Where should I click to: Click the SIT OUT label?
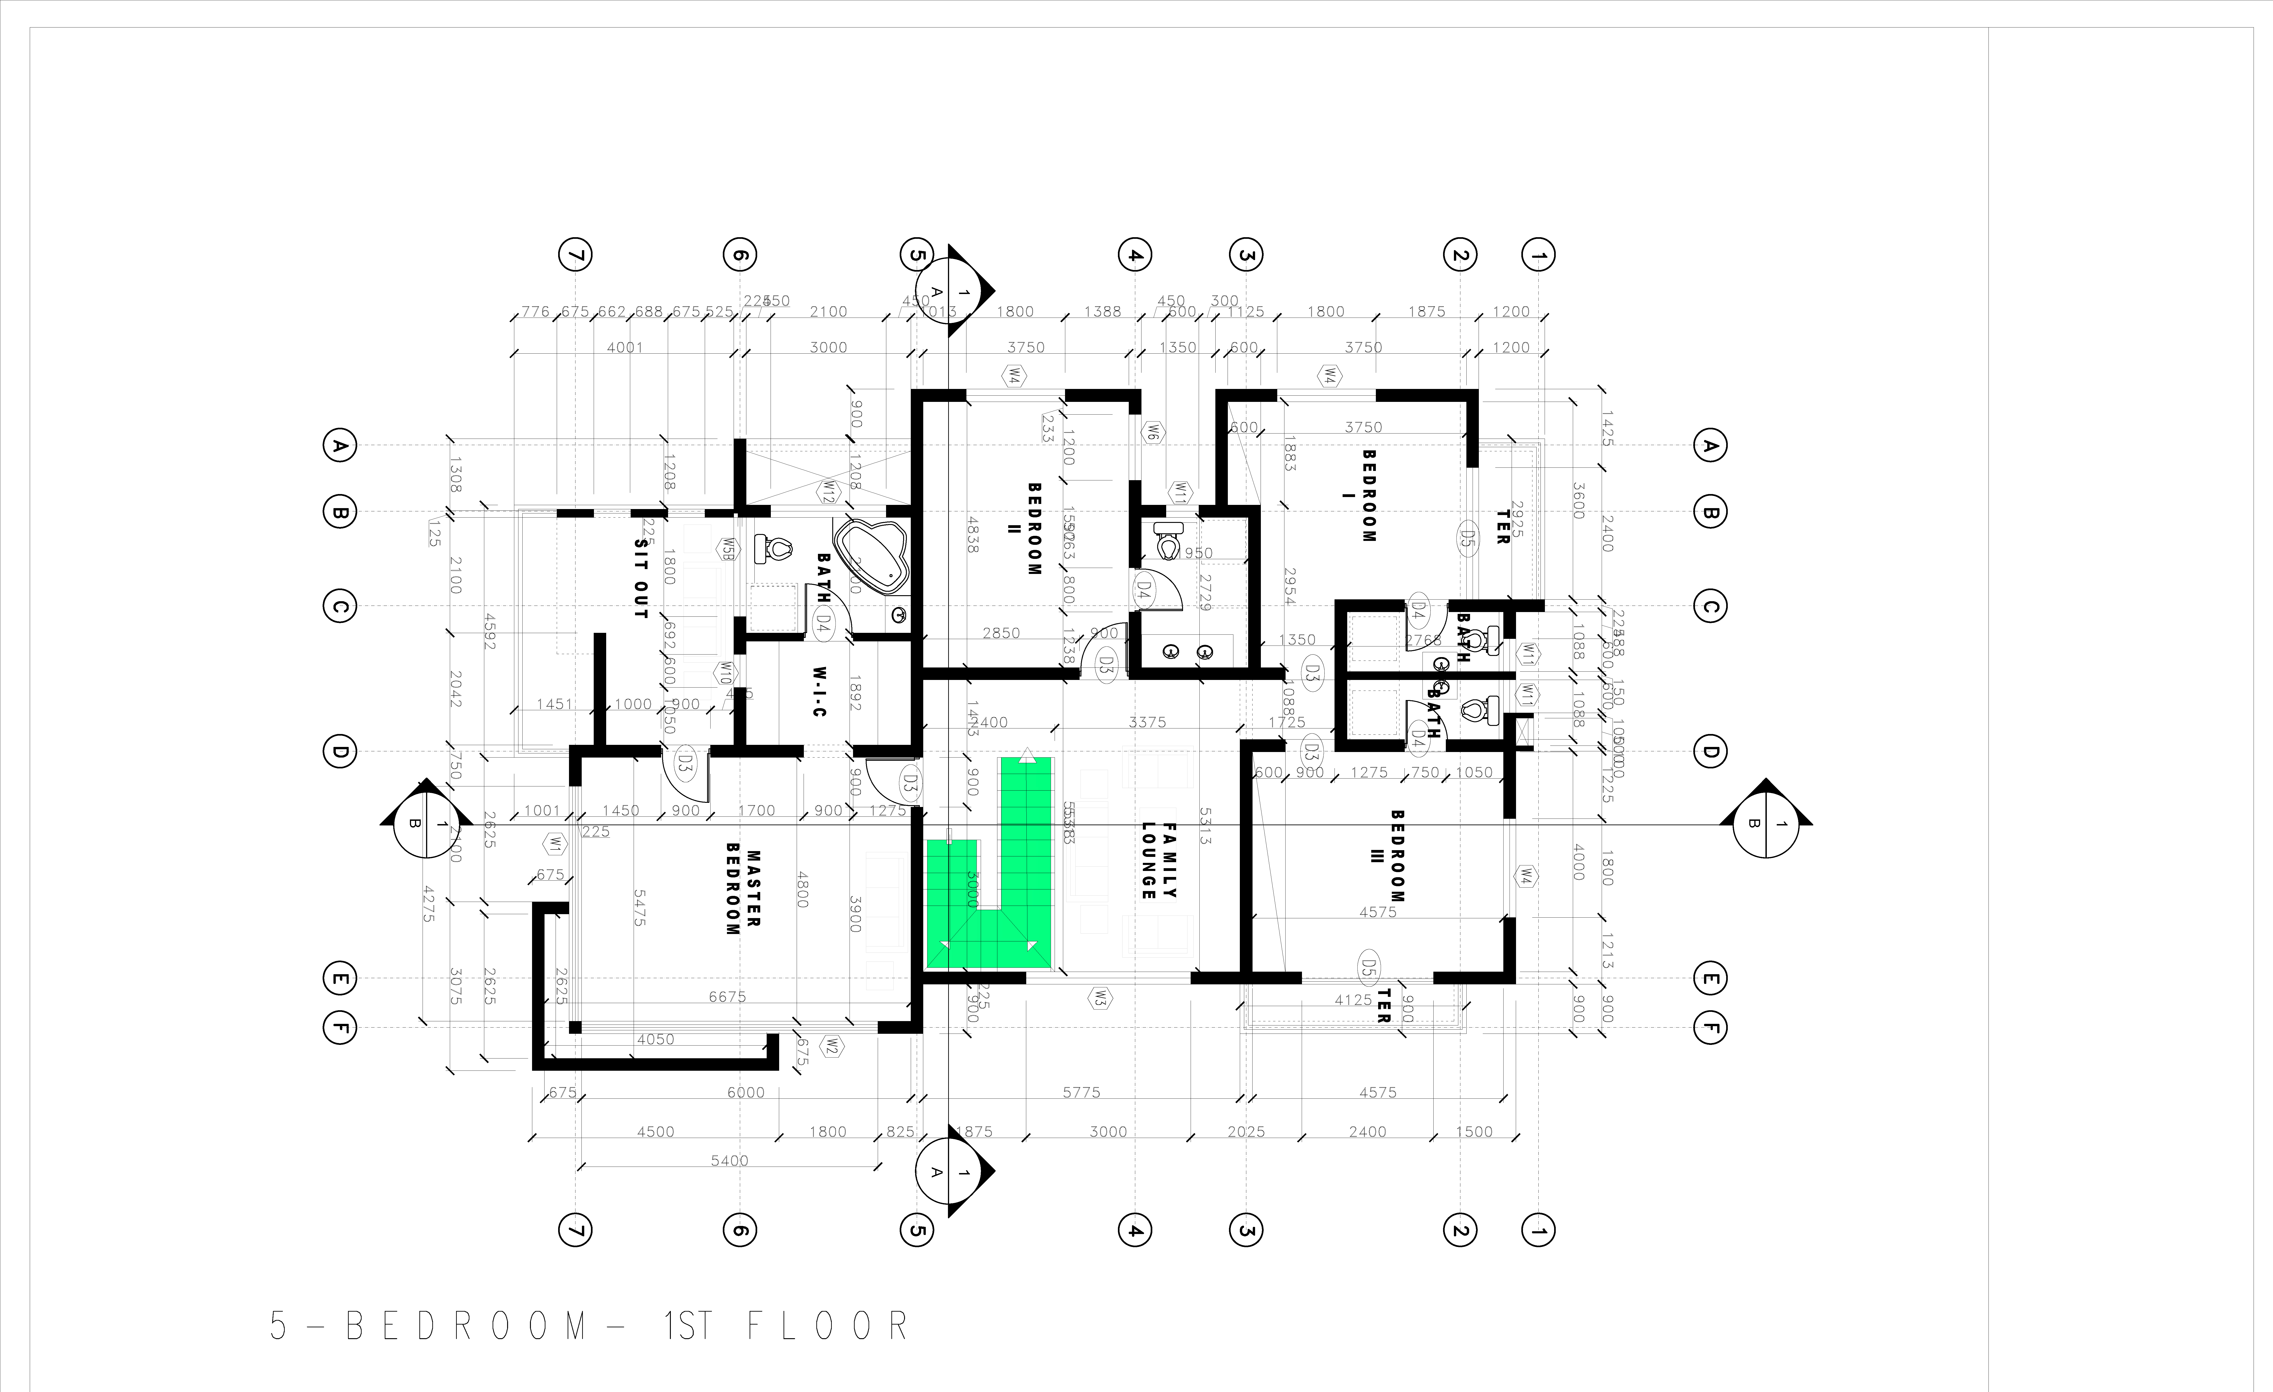pyautogui.click(x=640, y=578)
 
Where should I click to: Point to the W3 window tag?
pyautogui.click(x=1100, y=997)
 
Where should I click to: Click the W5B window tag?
pyautogui.click(x=727, y=550)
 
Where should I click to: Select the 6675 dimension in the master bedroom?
pyautogui.click(x=727, y=996)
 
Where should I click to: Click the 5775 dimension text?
pyautogui.click(x=1081, y=1092)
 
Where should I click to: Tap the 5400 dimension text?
pyautogui.click(x=729, y=1160)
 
